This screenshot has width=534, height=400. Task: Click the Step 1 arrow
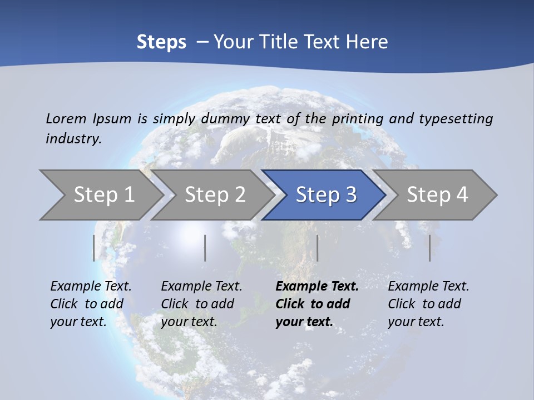[103, 195]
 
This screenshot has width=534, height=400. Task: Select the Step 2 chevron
[215, 195]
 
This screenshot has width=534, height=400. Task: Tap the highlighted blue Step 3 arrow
[325, 195]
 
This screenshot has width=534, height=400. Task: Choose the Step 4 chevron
[437, 195]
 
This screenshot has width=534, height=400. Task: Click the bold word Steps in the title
[161, 42]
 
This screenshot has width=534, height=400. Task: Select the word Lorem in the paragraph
[66, 118]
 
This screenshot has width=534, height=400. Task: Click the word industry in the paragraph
[73, 138]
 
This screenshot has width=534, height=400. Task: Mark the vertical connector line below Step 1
[93, 248]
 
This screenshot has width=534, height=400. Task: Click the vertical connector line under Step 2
[205, 248]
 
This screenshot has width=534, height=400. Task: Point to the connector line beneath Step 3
[317, 248]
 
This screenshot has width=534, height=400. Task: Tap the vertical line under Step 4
[429, 248]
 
